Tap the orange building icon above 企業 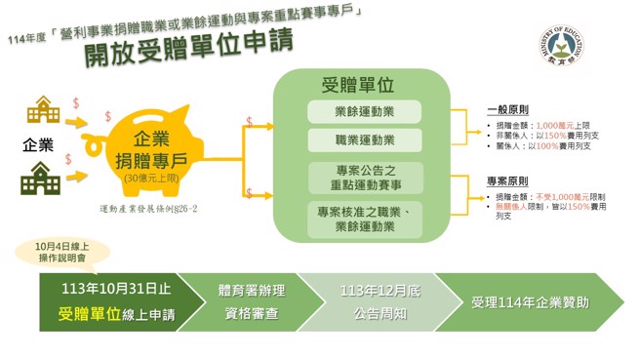tap(43, 109)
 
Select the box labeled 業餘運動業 tap(364, 111)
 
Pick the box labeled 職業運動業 tap(364, 139)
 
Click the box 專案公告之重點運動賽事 tap(364, 177)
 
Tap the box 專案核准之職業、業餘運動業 tap(364, 219)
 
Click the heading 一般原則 tap(507, 110)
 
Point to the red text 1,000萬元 tap(555, 126)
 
